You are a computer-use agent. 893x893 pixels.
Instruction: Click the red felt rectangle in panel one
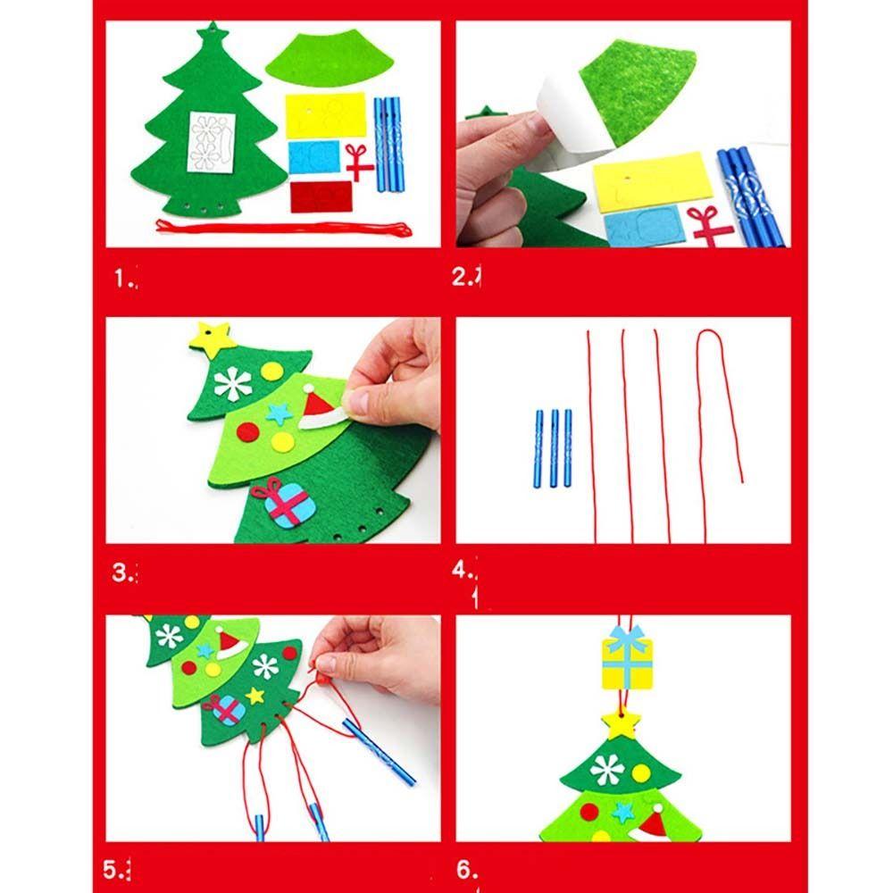pyautogui.click(x=321, y=196)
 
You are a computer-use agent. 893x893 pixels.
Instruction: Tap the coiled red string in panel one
pyautogui.click(x=284, y=228)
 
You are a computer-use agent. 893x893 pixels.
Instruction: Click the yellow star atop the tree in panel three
pyautogui.click(x=213, y=338)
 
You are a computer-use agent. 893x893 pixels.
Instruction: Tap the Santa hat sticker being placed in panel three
pyautogui.click(x=321, y=409)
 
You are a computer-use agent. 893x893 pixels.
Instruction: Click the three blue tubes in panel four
pyautogui.click(x=554, y=447)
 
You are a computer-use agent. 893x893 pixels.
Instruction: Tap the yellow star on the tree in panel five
pyautogui.click(x=255, y=695)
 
